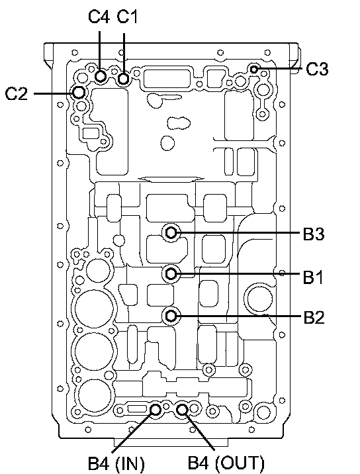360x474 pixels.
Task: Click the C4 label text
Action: click(99, 17)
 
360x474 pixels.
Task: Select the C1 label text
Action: click(127, 17)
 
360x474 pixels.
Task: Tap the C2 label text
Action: click(17, 93)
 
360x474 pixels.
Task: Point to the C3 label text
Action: click(317, 69)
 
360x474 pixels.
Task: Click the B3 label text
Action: click(314, 234)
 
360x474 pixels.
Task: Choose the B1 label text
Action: click(313, 277)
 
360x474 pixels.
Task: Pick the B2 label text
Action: click(314, 317)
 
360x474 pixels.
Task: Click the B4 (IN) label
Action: click(116, 463)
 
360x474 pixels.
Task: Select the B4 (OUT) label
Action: click(226, 463)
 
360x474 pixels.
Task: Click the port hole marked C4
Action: click(101, 76)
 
